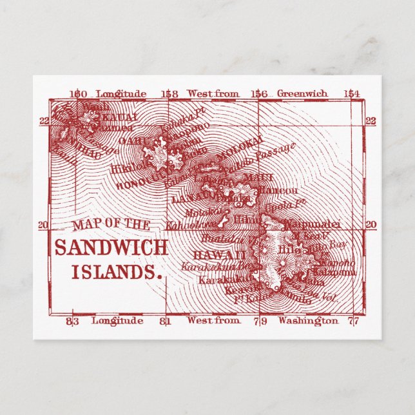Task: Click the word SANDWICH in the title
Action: coord(111,248)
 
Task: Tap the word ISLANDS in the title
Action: coord(116,271)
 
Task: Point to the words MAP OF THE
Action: coord(111,225)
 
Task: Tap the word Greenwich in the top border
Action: coord(302,94)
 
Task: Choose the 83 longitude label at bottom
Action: coord(72,320)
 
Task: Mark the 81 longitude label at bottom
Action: coord(165,320)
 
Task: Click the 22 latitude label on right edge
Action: coord(371,121)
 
